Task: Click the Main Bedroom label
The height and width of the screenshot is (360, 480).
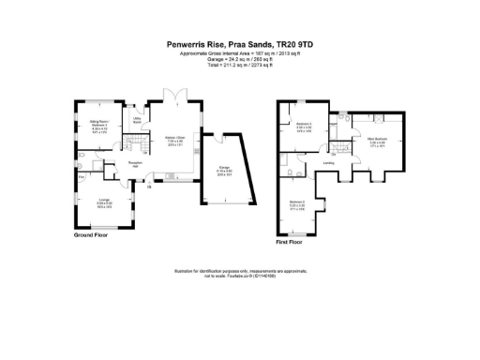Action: coord(378,140)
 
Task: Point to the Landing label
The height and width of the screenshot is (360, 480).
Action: coord(329,162)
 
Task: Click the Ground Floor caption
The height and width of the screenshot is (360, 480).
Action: coord(93,235)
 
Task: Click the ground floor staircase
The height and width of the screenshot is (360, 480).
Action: coord(140,147)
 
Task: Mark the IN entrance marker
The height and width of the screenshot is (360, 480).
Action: coord(149,186)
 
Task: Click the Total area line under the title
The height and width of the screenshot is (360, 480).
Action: coord(240,66)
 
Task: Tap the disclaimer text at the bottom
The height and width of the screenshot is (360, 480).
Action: coord(240,274)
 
